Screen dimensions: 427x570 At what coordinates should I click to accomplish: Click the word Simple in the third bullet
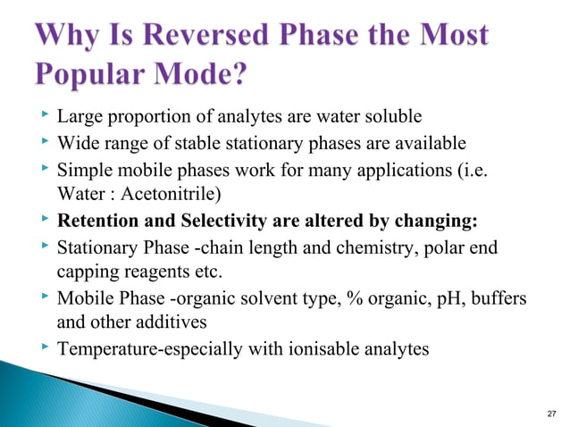(83, 169)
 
